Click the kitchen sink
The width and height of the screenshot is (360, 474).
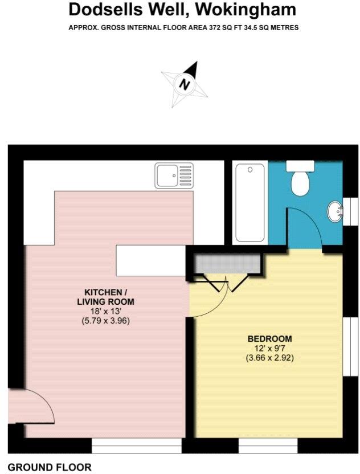[x=174, y=175]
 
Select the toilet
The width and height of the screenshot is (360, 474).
[x=300, y=179]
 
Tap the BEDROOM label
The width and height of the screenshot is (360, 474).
[x=270, y=338]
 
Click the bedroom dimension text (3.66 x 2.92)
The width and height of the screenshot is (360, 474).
[x=270, y=358]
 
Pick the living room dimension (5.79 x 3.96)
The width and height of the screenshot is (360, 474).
[x=106, y=321]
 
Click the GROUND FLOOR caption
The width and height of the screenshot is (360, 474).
[x=50, y=468]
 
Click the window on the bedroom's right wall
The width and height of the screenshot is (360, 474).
[x=347, y=347]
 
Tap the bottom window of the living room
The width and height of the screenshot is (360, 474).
[x=137, y=446]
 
